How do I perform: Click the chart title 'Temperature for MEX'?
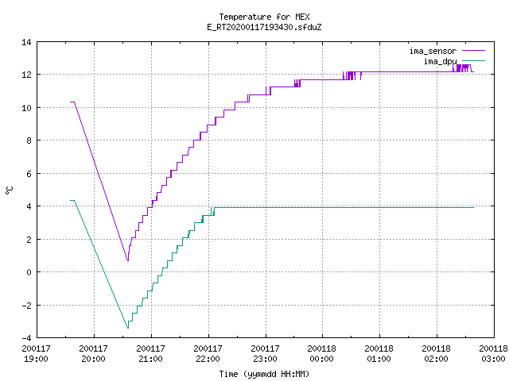click(x=264, y=17)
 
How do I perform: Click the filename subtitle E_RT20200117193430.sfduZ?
click(x=264, y=27)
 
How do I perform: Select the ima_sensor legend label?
click(x=433, y=51)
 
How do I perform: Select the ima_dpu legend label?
click(x=440, y=61)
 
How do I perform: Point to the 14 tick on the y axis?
click(x=26, y=42)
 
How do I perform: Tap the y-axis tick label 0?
click(x=29, y=272)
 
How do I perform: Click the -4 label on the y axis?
click(x=26, y=338)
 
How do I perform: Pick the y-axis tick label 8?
click(x=29, y=140)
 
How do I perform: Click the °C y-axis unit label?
click(x=10, y=190)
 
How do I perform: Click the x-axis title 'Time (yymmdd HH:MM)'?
click(x=264, y=374)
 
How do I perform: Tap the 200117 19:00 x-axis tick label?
click(x=36, y=353)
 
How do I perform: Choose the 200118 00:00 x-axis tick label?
click(x=321, y=353)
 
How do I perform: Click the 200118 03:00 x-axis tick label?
click(x=493, y=353)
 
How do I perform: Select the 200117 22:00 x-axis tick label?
click(x=208, y=353)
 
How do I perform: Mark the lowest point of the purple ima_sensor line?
click(x=128, y=260)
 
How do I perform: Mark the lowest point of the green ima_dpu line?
click(x=128, y=328)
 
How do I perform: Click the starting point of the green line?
click(x=71, y=201)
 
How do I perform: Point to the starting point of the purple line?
click(x=71, y=102)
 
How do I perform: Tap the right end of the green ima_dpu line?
click(x=474, y=207)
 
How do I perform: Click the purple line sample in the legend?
click(x=473, y=51)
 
